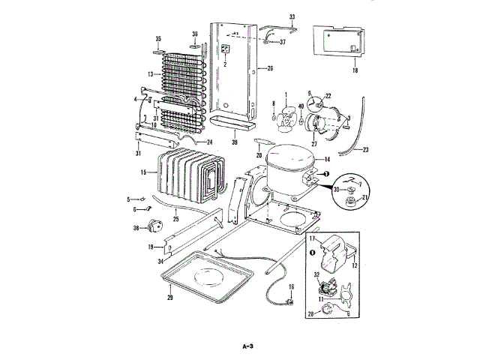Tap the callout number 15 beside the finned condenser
[143, 172]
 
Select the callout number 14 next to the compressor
[326, 160]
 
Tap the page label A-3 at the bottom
[249, 346]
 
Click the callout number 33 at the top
[292, 16]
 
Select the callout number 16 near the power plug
[292, 286]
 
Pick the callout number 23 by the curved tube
[366, 149]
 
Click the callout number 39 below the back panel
[235, 141]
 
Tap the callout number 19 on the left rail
[151, 246]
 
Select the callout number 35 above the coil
[158, 38]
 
